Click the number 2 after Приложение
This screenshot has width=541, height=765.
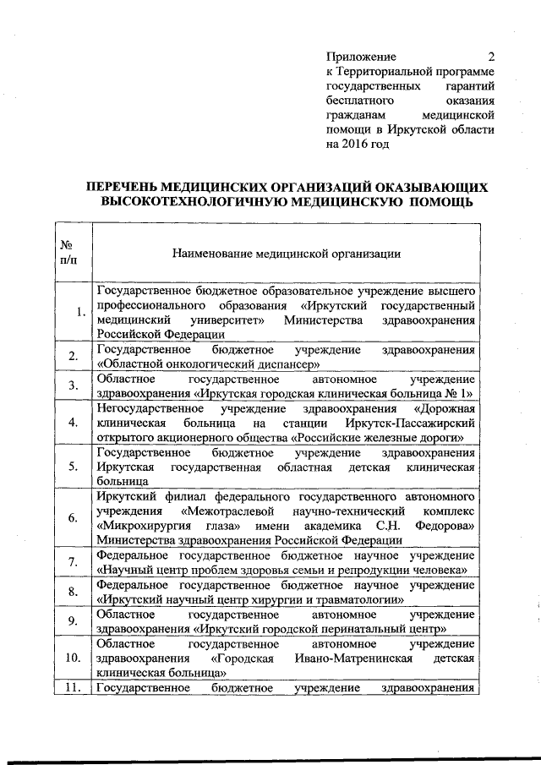click(491, 57)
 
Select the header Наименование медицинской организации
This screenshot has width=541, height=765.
click(286, 253)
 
